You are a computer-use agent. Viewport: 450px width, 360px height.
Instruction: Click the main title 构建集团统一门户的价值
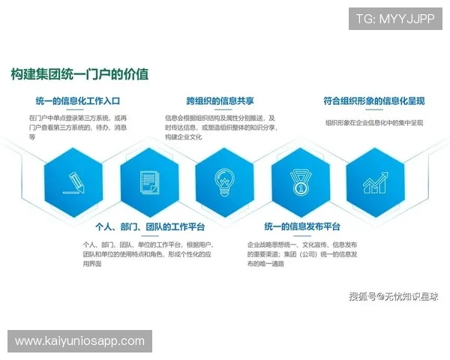(79, 74)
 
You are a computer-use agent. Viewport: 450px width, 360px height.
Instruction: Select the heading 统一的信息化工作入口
(78, 100)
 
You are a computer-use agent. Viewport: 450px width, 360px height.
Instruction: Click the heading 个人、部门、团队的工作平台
(150, 226)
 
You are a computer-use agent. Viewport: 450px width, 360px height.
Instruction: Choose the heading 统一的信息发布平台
(302, 226)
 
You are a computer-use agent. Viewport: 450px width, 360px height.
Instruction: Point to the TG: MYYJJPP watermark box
(394, 18)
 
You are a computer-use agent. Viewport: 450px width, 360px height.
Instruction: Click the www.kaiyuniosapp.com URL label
(80, 341)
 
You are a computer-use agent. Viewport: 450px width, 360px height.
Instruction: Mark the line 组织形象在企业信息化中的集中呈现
(374, 122)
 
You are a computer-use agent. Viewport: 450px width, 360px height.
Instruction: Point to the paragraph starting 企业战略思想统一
(302, 254)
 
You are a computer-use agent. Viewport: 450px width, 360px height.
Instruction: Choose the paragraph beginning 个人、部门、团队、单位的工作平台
(148, 254)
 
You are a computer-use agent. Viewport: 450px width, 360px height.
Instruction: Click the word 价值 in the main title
(137, 74)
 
